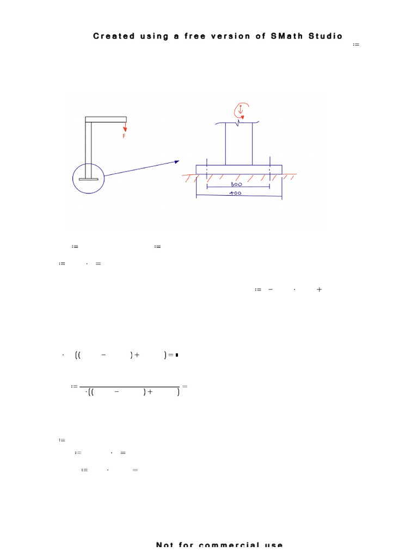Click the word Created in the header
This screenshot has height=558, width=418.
(x=114, y=36)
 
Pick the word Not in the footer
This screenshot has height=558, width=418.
(x=166, y=545)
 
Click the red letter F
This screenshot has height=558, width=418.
(x=124, y=136)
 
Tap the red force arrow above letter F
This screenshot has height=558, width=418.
(x=125, y=127)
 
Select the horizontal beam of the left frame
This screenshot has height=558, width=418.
(x=106, y=119)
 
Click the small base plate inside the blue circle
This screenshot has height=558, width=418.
(x=88, y=179)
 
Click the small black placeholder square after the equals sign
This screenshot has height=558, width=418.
(x=177, y=355)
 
